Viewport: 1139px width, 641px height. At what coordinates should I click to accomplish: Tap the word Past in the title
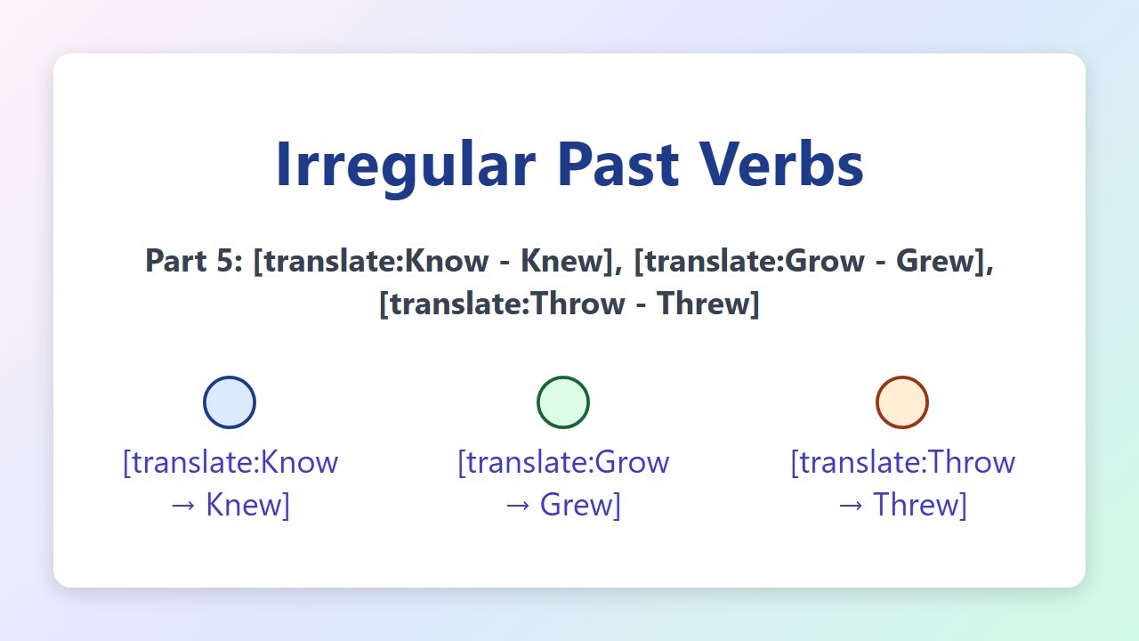pos(618,165)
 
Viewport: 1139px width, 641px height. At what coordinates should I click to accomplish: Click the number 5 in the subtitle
pos(230,261)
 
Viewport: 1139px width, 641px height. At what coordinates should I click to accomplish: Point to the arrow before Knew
pos(183,506)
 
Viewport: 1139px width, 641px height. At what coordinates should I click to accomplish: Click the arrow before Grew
pos(518,506)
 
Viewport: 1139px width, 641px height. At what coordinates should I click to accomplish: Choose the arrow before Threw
pos(850,506)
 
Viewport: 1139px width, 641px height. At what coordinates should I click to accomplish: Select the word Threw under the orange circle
pos(916,505)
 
